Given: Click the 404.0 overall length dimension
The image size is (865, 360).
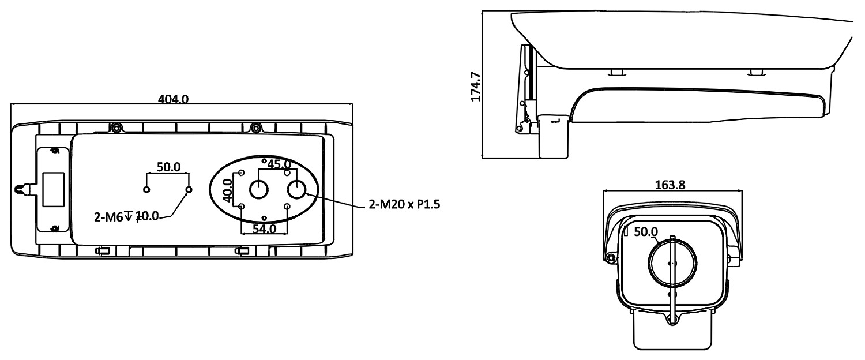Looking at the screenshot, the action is (x=173, y=99).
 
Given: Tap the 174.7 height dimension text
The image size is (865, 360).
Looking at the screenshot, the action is (x=475, y=87).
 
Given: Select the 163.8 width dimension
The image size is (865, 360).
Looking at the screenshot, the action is (x=670, y=185).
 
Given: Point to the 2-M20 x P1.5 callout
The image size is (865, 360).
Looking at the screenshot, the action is (x=404, y=204).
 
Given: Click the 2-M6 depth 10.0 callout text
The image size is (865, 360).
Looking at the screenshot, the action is (x=126, y=217).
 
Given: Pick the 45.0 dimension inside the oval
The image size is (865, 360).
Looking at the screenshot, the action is (x=279, y=164).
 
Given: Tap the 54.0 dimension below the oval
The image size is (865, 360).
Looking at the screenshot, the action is (x=265, y=229).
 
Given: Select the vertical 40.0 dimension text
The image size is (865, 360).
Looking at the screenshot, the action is (x=228, y=190).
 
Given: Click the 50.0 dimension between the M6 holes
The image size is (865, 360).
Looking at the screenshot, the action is (x=168, y=167).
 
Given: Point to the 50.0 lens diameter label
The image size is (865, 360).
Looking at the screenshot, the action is (x=646, y=232).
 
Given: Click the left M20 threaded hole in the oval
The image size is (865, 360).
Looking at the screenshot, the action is (x=259, y=190).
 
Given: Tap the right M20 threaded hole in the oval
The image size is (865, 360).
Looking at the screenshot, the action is (x=297, y=189).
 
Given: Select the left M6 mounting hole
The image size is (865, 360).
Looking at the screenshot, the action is (x=146, y=190).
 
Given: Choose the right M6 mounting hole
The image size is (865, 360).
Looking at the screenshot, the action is (x=189, y=190).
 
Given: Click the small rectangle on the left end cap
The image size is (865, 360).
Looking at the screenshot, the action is (x=53, y=190).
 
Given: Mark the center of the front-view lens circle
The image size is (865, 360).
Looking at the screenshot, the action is (x=672, y=264).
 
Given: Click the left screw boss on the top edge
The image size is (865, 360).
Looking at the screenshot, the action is (x=116, y=127).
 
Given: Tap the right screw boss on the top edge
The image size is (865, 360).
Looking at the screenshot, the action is (x=255, y=127).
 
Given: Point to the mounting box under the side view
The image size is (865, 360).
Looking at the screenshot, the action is (x=553, y=136).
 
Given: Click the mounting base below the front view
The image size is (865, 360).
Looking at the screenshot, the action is (x=672, y=330).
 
